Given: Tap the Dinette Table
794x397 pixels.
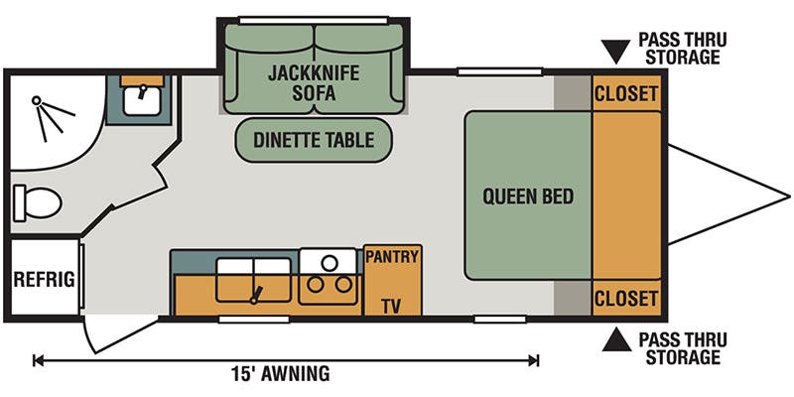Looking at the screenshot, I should tap(314, 140).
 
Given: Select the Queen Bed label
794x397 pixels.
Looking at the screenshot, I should tap(527, 197).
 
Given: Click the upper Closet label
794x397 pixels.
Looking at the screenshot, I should tap(625, 94).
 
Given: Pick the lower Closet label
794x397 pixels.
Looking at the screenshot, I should tap(625, 298).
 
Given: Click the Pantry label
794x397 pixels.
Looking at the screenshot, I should tap(393, 257).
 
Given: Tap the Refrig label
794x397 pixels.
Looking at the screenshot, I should tap(44, 280).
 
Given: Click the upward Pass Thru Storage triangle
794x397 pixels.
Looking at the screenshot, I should tap(616, 341).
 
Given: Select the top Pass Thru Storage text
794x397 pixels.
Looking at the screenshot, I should tap(682, 49).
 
